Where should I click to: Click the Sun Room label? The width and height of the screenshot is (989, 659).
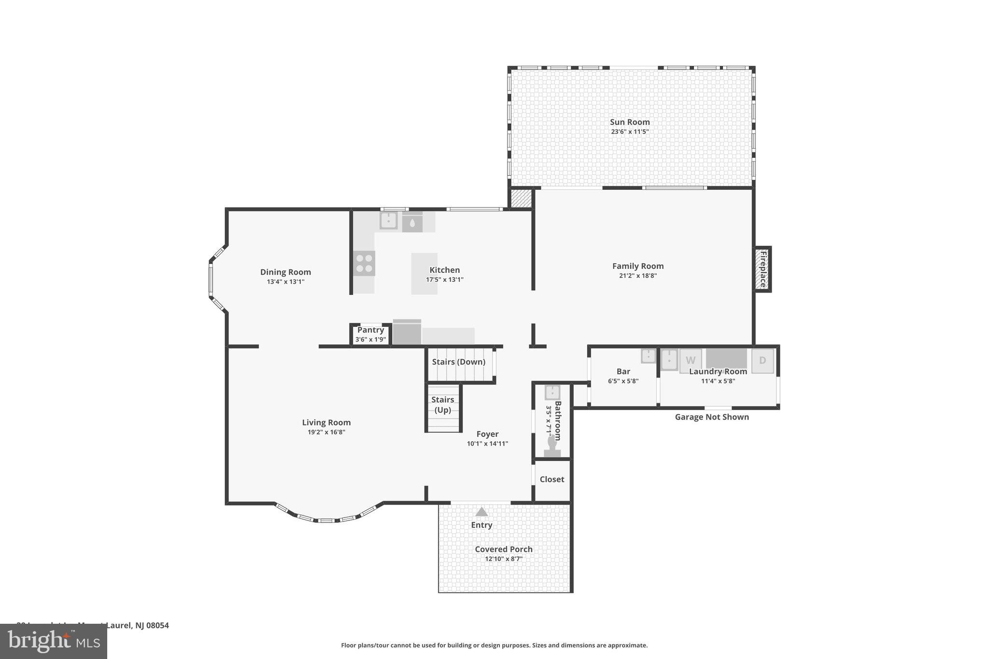pos(629,122)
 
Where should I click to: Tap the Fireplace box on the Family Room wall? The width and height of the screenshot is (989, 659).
pos(763,269)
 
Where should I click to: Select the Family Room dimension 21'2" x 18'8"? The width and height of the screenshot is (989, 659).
pos(637,276)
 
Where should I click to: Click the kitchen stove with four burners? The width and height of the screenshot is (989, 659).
pos(364,264)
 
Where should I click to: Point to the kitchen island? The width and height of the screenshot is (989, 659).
pos(424,273)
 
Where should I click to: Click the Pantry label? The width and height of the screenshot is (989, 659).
pos(370,330)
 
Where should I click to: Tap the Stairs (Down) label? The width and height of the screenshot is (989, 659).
pos(458,362)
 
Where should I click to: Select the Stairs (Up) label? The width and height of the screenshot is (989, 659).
pos(442,405)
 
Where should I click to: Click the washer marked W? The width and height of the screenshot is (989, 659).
pos(691,360)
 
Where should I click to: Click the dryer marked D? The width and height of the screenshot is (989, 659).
pos(762,360)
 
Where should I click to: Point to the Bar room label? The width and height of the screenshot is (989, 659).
pos(623,371)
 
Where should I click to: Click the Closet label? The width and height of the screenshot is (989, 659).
pos(551,479)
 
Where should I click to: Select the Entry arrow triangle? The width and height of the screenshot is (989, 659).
pos(481,512)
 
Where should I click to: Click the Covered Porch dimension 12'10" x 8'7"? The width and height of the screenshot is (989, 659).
pos(503,559)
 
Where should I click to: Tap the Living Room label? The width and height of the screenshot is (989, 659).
pos(326,422)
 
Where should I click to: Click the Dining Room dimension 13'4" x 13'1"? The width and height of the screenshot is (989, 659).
pos(285,281)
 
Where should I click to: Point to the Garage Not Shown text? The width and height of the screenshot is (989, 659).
pos(711,417)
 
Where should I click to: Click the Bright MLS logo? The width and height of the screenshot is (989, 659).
pos(53,641)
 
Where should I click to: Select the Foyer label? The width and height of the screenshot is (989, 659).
pos(487,434)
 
